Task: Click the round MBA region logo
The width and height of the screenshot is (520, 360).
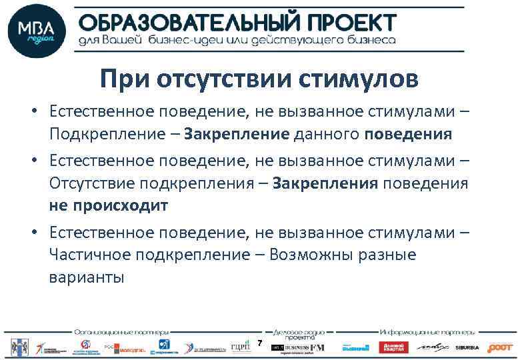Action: pyautogui.click(x=37, y=31)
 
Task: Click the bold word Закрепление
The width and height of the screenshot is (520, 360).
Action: pyautogui.click(x=237, y=134)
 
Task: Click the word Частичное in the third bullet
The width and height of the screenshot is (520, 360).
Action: pyautogui.click(x=89, y=255)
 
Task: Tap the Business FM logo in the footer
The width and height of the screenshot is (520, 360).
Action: pyautogui.click(x=305, y=347)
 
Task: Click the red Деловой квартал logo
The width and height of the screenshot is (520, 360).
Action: pyautogui.click(x=393, y=347)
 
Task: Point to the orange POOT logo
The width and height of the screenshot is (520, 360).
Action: pyautogui.click(x=500, y=347)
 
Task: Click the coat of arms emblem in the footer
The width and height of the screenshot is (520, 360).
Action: pyautogui.click(x=16, y=346)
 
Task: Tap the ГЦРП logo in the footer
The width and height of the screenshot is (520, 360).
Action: pyautogui.click(x=239, y=347)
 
